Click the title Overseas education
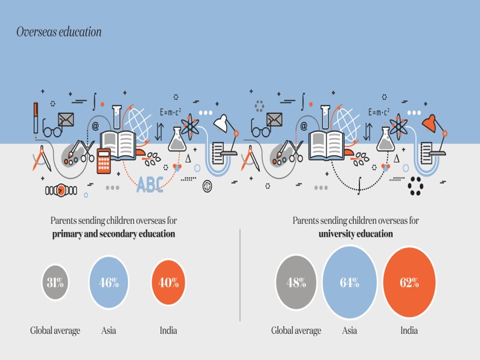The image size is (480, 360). pos(59,32)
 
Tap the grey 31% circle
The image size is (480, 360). pos(55,282)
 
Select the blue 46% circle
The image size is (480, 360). pos(109,282)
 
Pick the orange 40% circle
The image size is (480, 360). pos(169,282)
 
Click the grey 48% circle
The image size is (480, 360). pos(296,282)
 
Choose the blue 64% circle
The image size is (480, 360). pos(349,282)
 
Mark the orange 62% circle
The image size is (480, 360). pos(409,282)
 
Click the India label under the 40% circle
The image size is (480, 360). pos(169,331)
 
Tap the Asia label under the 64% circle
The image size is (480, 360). pos(349,331)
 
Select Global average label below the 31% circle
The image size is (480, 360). pos(55,331)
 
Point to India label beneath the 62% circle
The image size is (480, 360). pos(409,331)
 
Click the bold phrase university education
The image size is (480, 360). pos(356,234)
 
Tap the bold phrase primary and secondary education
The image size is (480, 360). pos(113,234)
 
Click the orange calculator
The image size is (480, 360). pos(104,161)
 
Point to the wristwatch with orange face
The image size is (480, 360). pos(61,191)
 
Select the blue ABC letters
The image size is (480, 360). pos(150,185)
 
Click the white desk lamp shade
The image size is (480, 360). pos(221,123)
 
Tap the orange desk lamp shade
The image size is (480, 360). pos(429,123)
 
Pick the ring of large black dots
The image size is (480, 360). pos(416,186)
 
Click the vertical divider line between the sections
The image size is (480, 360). pos(240,275)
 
